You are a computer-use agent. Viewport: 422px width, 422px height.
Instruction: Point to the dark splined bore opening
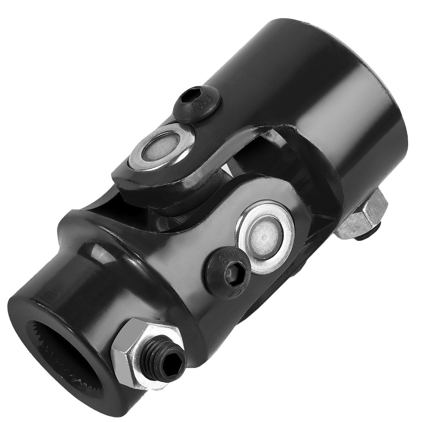click(63, 363)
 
